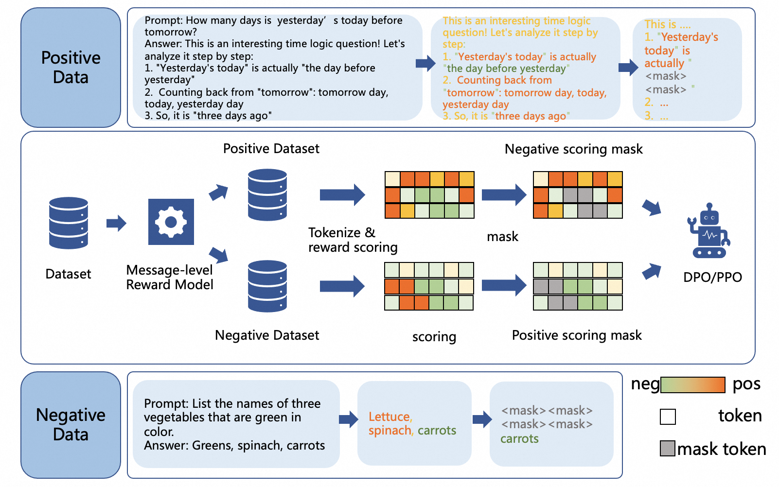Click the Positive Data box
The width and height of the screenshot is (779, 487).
pos(71,68)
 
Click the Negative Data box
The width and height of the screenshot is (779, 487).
pos(71,424)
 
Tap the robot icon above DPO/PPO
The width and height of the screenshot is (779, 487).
pos(708,231)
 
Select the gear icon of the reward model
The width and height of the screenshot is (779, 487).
pos(171,222)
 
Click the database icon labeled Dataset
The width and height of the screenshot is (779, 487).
pos(69,223)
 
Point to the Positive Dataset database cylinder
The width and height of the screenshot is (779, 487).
pos(267,195)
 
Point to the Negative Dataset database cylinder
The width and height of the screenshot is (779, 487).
pos(267,286)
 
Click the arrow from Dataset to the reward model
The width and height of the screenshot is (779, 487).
pos(116,224)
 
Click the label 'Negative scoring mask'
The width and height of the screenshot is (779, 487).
pos(573,149)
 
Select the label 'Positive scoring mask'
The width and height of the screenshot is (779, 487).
pos(577,335)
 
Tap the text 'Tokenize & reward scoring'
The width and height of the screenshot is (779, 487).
pos(353,240)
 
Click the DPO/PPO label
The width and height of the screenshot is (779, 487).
pos(712,278)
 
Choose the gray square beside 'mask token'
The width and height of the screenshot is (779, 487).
pos(667,448)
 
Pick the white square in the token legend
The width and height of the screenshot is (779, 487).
pos(668,417)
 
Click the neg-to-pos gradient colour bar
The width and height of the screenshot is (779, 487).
pos(692,385)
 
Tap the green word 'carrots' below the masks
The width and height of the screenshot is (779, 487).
pos(519,439)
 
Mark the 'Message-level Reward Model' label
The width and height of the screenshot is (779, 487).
pos(170,278)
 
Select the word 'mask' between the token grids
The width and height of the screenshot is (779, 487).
pos(502,237)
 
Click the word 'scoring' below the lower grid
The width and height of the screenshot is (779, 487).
pos(434,337)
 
